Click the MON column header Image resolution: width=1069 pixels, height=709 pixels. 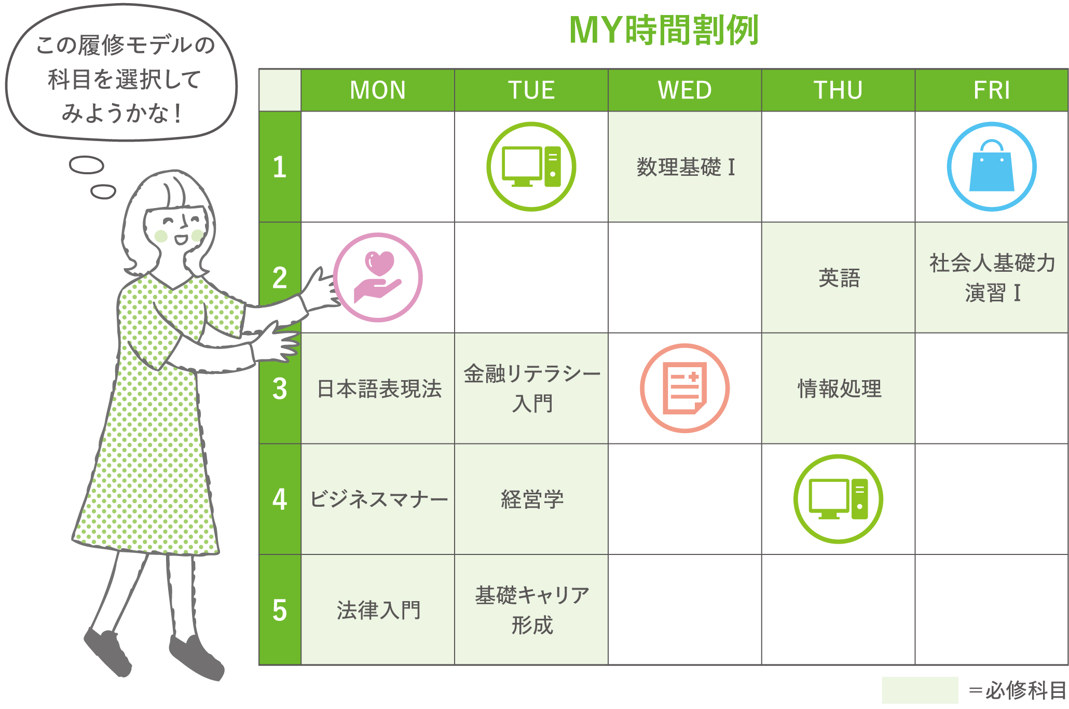pos(378,90)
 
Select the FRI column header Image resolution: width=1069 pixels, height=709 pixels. pos(991,90)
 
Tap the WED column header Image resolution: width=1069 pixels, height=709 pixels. pos(685,90)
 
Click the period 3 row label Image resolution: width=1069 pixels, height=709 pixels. pos(280,388)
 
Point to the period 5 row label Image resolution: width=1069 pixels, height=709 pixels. pos(280,610)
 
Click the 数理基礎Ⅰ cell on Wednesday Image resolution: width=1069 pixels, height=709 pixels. pos(685,167)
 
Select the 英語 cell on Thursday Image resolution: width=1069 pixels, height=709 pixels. pos(839,278)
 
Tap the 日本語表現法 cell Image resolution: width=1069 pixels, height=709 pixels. pos(378,388)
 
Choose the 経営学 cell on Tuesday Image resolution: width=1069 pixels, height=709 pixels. pos(531,499)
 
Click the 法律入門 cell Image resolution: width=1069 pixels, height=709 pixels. pos(378,610)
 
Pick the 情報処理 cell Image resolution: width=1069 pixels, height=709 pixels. pos(839,388)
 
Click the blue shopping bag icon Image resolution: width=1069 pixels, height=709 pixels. pos(992,167)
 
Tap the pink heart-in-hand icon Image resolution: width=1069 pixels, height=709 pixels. pos(378,277)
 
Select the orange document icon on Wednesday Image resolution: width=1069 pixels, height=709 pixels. pos(685,388)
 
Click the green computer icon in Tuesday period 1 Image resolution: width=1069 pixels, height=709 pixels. pos(531,167)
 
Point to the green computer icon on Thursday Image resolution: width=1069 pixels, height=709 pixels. pos(838,499)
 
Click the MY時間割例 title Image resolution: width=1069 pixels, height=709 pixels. pos(664,30)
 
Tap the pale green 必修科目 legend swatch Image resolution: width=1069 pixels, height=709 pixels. pos(920,690)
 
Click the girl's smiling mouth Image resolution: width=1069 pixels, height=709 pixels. pos(180,240)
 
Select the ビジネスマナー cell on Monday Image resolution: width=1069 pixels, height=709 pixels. pos(378,499)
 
